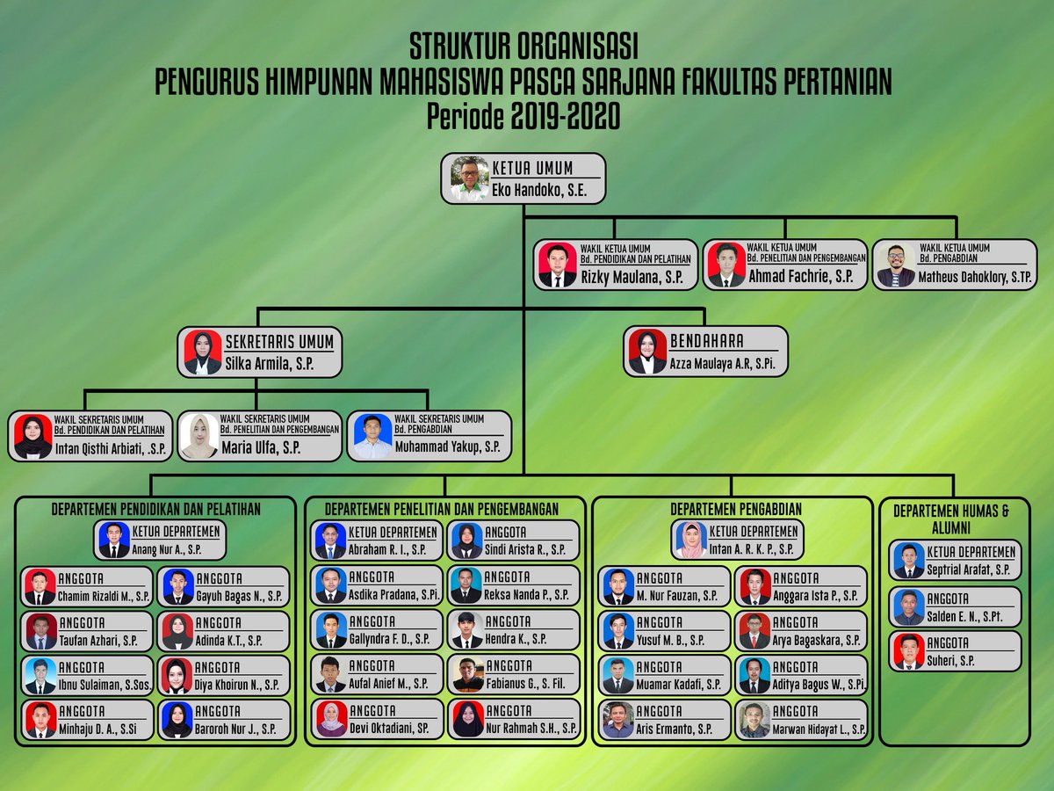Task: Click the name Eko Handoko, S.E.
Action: (x=538, y=190)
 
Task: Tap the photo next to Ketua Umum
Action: (x=469, y=178)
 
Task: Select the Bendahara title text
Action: (x=706, y=341)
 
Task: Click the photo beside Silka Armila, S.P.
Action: (x=203, y=352)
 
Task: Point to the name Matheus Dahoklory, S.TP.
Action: (x=975, y=277)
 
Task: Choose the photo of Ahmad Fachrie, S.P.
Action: (x=726, y=265)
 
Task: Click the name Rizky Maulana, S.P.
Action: (x=632, y=277)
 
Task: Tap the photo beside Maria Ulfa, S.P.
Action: (x=199, y=436)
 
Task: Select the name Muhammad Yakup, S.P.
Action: (x=447, y=447)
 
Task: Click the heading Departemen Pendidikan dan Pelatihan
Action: (x=155, y=509)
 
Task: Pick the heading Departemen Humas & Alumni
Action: (x=951, y=519)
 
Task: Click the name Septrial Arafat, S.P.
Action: (x=968, y=570)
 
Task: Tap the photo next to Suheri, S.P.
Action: (x=908, y=652)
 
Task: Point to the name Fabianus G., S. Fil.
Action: (x=525, y=684)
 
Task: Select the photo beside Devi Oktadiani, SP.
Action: (x=331, y=719)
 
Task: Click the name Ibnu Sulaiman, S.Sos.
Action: (x=105, y=685)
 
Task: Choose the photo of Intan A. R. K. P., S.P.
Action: (x=691, y=540)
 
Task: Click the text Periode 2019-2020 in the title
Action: (x=523, y=115)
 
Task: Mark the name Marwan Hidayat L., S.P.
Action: (x=819, y=729)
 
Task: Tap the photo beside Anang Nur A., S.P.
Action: (x=114, y=540)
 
